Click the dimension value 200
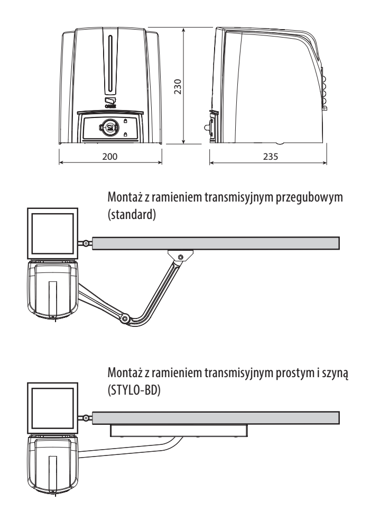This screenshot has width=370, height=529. pyautogui.click(x=110, y=157)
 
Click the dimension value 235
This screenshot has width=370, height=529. pyautogui.click(x=271, y=157)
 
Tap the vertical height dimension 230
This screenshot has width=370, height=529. pyautogui.click(x=178, y=86)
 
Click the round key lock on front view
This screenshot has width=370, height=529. pyautogui.click(x=109, y=127)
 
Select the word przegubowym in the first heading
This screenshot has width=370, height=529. pyautogui.click(x=309, y=197)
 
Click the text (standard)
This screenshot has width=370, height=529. pyautogui.click(x=132, y=215)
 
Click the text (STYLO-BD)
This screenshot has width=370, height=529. pyautogui.click(x=134, y=390)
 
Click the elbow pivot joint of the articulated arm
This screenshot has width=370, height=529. pyautogui.click(x=125, y=318)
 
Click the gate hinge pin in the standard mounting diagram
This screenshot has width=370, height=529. pyautogui.click(x=86, y=243)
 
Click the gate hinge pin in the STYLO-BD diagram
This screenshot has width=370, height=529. pyautogui.click(x=86, y=418)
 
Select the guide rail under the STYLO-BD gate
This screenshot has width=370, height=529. pyautogui.click(x=179, y=431)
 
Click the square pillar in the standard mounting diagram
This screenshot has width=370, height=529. pyautogui.click(x=52, y=233)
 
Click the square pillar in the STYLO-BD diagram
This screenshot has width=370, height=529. pyautogui.click(x=52, y=408)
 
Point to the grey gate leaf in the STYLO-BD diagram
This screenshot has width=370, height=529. pyautogui.click(x=216, y=418)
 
